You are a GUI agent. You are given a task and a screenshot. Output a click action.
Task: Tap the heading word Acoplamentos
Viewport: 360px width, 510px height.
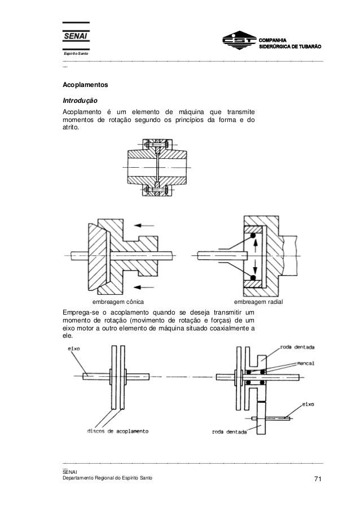click(85, 86)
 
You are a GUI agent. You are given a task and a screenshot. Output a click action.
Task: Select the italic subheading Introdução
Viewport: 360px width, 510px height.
click(79, 100)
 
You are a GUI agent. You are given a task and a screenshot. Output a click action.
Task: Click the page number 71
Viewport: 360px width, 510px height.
click(317, 480)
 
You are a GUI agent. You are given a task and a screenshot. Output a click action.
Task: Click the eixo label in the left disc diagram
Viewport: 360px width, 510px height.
click(74, 348)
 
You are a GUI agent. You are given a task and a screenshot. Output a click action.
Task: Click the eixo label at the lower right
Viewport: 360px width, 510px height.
click(308, 404)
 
